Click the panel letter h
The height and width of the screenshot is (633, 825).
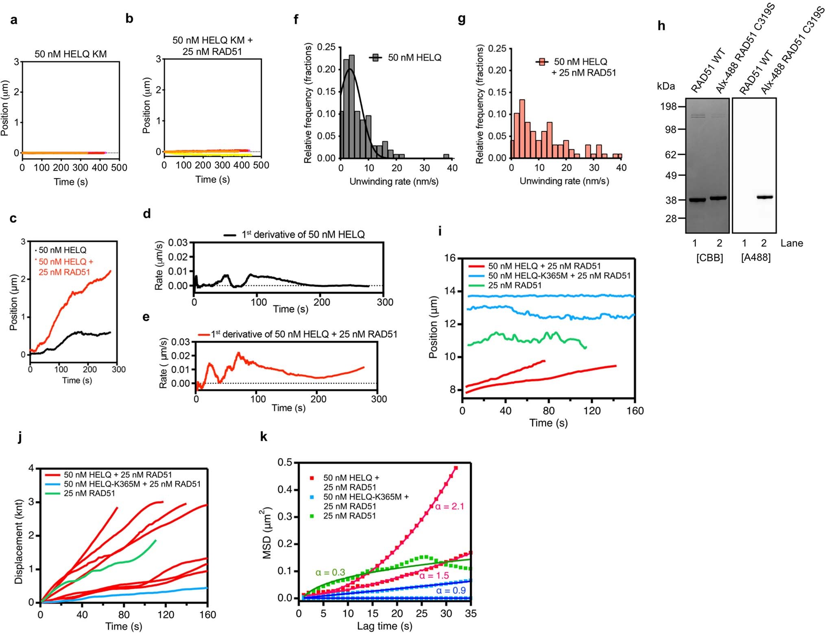pos(661,26)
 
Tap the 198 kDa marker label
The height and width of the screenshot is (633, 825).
pos(668,107)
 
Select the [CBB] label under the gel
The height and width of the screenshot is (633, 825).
pos(709,258)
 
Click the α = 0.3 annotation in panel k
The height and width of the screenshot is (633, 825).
pos(330,572)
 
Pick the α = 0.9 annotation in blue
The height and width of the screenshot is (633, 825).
pos(451,590)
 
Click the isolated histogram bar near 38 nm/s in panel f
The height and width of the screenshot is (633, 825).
pos(446,156)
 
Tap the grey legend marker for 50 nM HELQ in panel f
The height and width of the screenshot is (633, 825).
pos(375,58)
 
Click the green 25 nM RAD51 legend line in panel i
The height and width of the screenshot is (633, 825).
pos(476,286)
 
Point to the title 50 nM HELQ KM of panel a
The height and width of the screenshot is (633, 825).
pos(70,54)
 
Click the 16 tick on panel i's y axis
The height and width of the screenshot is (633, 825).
pos(450,258)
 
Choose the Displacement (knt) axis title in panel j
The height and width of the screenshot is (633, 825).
pos(18,541)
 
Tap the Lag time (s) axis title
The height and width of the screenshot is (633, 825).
pos(384,626)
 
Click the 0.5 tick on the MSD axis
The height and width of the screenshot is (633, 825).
pos(285,463)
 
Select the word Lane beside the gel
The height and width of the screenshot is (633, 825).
pos(792,243)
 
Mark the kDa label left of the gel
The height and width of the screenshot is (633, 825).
pos(666,86)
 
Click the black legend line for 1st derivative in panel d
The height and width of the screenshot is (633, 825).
pos(230,235)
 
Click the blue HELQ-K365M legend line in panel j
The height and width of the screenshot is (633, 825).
pos(51,484)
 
